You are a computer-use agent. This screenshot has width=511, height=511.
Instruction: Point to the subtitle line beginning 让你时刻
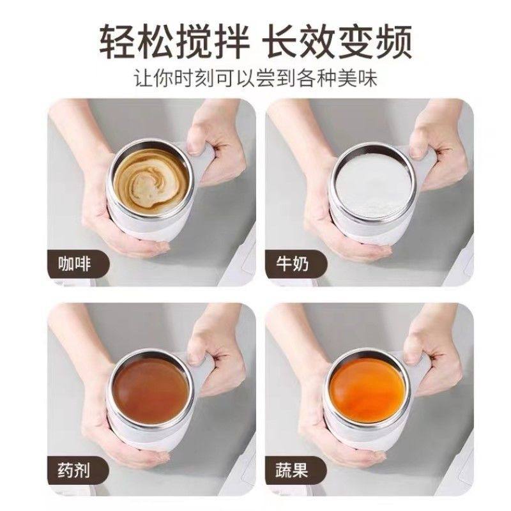click(x=256, y=80)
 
